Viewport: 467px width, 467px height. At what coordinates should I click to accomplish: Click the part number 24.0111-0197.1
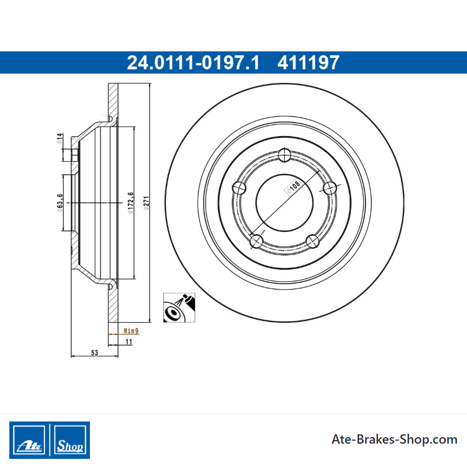[x=193, y=62]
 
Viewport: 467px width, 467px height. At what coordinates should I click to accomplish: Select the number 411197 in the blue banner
[x=308, y=62]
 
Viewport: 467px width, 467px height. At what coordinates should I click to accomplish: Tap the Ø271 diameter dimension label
[x=147, y=203]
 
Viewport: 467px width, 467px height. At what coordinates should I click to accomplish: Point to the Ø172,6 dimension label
[x=130, y=203]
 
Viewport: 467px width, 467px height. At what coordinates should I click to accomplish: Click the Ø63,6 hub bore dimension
[x=60, y=203]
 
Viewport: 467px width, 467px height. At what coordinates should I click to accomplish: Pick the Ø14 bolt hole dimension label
[x=60, y=138]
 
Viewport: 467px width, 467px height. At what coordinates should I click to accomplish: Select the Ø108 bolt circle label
[x=293, y=187]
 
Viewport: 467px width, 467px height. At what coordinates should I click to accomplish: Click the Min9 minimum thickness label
[x=131, y=330]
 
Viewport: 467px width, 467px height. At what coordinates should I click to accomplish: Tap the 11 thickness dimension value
[x=128, y=341]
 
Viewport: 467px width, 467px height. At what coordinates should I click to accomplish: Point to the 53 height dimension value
[x=95, y=353]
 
